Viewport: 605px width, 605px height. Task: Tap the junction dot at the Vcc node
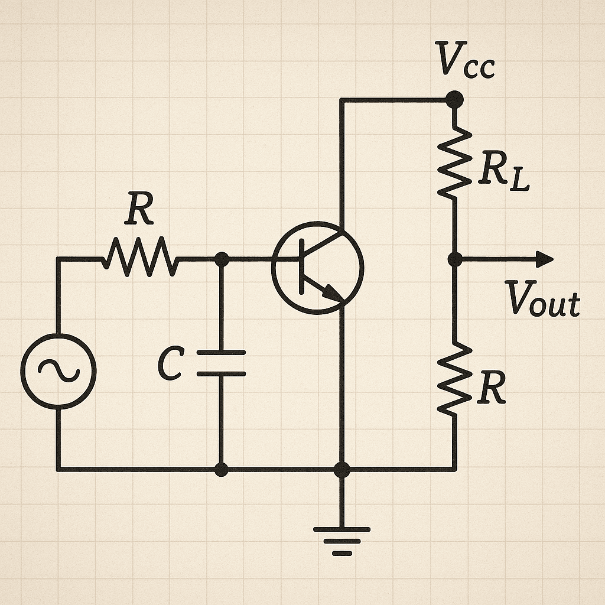click(x=454, y=100)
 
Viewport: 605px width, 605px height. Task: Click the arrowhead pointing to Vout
click(x=545, y=259)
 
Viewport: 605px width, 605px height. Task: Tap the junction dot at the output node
click(x=454, y=259)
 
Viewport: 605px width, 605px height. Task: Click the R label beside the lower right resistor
click(x=492, y=389)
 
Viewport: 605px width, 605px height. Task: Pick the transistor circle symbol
click(x=318, y=268)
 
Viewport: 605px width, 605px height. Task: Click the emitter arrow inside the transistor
click(x=331, y=292)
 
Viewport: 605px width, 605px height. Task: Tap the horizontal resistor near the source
click(x=139, y=259)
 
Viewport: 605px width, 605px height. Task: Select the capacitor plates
click(x=222, y=363)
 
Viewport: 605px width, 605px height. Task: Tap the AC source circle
click(x=58, y=370)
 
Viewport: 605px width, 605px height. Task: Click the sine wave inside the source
click(x=58, y=370)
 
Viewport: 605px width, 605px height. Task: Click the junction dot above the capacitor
click(x=222, y=259)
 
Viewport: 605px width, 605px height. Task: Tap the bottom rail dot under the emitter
click(x=341, y=470)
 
